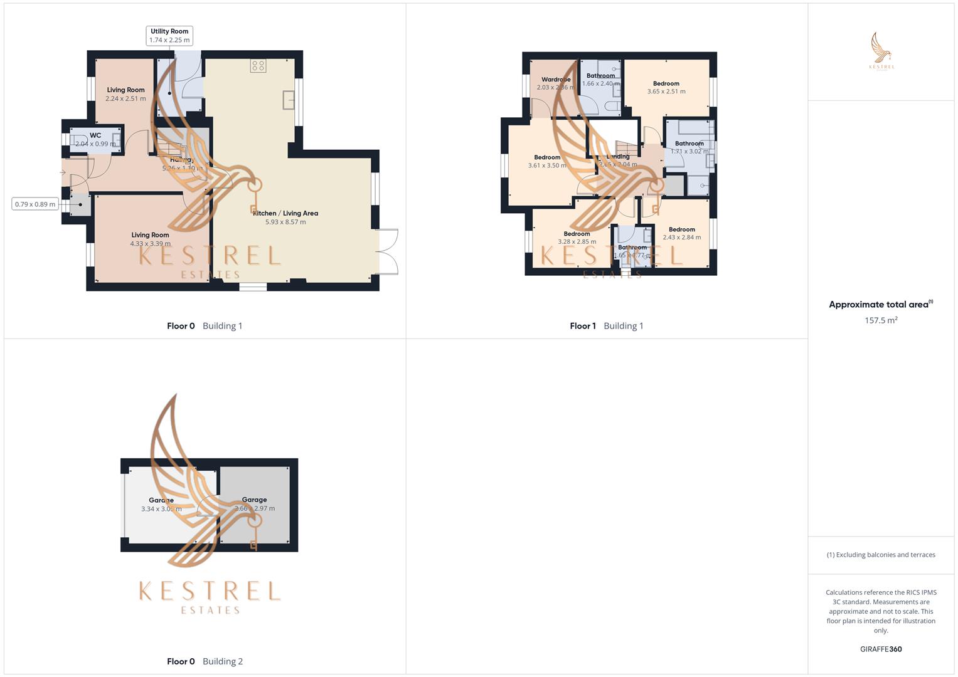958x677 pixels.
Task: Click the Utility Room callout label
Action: (x=169, y=36)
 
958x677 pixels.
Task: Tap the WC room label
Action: (x=95, y=135)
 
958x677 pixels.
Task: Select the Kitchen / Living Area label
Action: (x=285, y=213)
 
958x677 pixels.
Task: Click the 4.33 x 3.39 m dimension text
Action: (x=150, y=244)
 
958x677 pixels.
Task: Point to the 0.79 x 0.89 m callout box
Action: (x=35, y=204)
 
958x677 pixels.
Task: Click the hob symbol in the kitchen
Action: (x=258, y=66)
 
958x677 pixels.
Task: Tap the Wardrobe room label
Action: (x=556, y=80)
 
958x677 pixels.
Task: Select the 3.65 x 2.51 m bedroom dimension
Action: (x=666, y=92)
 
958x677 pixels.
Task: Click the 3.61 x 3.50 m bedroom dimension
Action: (x=547, y=165)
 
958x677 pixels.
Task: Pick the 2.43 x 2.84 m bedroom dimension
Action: (x=682, y=238)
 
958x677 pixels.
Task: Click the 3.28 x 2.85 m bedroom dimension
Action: (x=577, y=242)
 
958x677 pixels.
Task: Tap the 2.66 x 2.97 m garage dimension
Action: (x=255, y=508)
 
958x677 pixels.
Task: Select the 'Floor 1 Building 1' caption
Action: (x=606, y=326)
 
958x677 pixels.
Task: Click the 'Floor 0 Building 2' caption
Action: (x=205, y=661)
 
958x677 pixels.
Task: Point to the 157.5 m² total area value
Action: (x=881, y=320)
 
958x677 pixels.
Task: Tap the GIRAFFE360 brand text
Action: (x=881, y=649)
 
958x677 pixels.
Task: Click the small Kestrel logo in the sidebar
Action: (x=881, y=51)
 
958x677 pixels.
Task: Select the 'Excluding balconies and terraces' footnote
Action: (x=881, y=555)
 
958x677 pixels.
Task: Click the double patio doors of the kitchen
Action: (x=389, y=252)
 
